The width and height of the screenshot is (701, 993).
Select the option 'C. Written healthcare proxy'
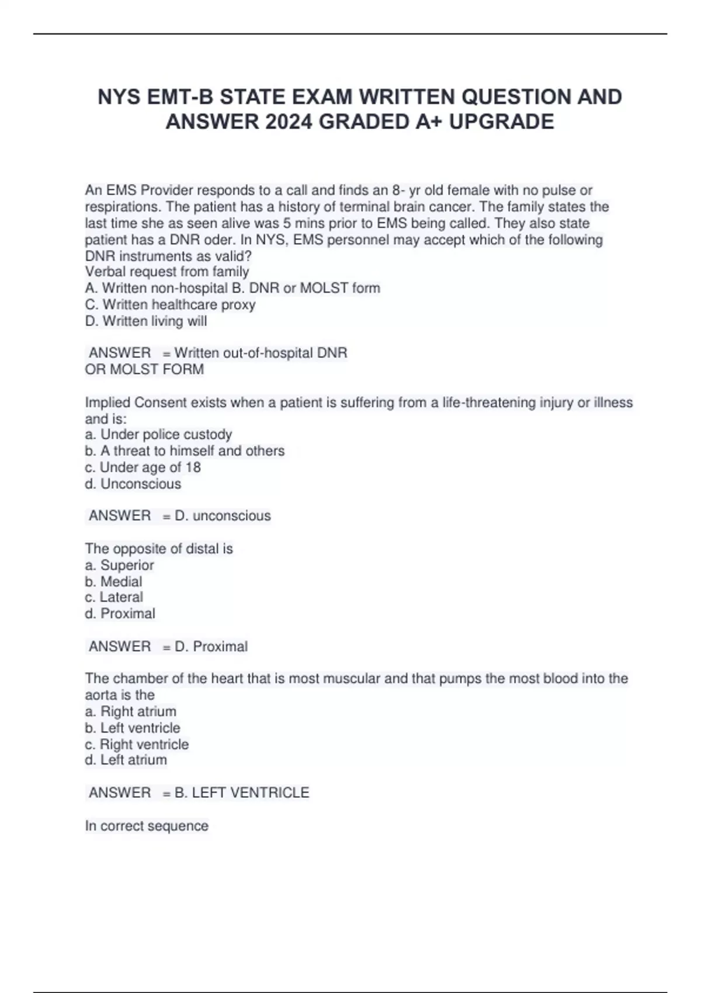coord(170,304)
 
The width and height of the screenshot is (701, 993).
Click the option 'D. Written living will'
coord(146,321)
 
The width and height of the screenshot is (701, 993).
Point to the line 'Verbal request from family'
coord(167,272)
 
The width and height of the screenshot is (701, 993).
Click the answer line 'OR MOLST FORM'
coord(144,369)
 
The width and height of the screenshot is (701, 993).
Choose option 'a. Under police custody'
coord(158,434)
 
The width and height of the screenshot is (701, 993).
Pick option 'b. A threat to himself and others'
coord(185,450)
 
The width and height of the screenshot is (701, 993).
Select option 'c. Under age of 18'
coord(143,467)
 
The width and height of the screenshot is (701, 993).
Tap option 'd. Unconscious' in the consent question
coord(133,484)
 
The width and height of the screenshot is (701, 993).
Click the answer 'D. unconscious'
coord(223,516)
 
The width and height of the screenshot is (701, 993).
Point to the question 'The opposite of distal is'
coord(159,548)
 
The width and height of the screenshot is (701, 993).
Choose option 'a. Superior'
coord(119,565)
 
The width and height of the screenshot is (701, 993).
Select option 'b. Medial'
coord(113,581)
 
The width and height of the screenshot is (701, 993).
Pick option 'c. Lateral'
coord(113,597)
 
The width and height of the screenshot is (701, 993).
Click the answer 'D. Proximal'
coord(211,647)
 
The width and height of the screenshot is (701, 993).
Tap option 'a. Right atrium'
coord(130,711)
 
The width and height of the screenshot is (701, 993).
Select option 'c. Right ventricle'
coord(137,744)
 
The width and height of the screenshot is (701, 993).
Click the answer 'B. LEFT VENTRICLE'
coord(242,793)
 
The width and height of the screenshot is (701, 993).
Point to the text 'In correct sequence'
coord(147,826)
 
